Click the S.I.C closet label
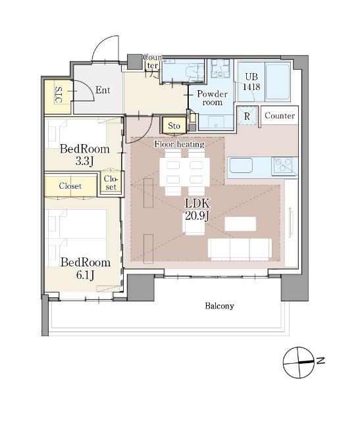pyautogui.click(x=59, y=95)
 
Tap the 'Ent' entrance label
pyautogui.click(x=103, y=90)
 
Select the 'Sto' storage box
pyautogui.click(x=174, y=126)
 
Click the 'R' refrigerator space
pyautogui.click(x=247, y=116)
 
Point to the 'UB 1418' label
pyautogui.click(x=251, y=82)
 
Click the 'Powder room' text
pyautogui.click(x=212, y=98)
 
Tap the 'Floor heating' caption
pyautogui.click(x=179, y=144)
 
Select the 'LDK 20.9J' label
pyautogui.click(x=197, y=209)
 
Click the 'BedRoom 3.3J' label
pyautogui.click(x=85, y=155)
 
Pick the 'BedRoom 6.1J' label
pyautogui.click(x=86, y=268)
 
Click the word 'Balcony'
pyautogui.click(x=219, y=306)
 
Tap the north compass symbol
pyautogui.click(x=299, y=362)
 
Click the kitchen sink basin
pyautogui.click(x=241, y=166)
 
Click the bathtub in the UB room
pyautogui.click(x=278, y=82)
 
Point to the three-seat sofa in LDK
pyautogui.click(x=240, y=249)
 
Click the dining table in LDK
pyautogui.click(x=184, y=172)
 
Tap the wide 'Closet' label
pyautogui.click(x=70, y=186)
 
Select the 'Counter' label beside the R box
pyautogui.click(x=280, y=116)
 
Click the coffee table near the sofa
pyautogui.click(x=240, y=224)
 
